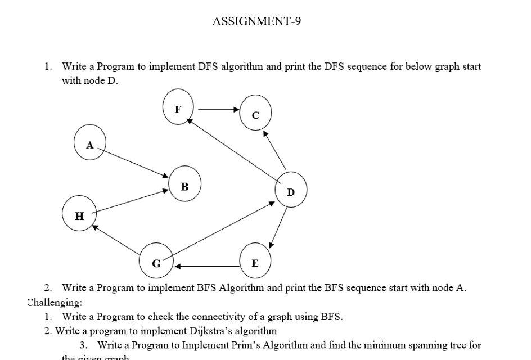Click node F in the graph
point(178,107)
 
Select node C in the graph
point(255,113)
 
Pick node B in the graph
point(184,184)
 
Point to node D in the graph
point(291,190)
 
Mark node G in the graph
point(156,260)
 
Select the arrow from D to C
point(275,151)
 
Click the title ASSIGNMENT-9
point(256,21)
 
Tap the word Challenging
point(54,302)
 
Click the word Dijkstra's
point(215,331)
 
